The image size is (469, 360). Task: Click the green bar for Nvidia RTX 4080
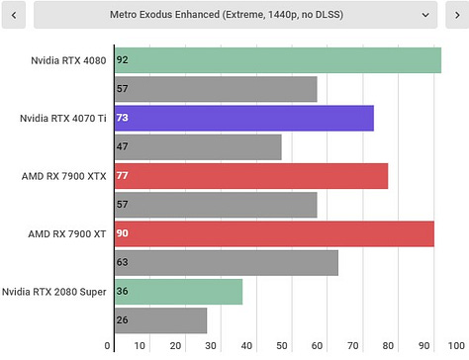[x=277, y=60]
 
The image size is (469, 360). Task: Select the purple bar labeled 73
[x=243, y=119]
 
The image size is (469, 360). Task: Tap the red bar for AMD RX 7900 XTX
[x=250, y=176]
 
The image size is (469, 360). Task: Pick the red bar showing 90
[x=274, y=234]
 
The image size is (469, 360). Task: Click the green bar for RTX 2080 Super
[x=178, y=292]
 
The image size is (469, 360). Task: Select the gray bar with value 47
[x=198, y=147]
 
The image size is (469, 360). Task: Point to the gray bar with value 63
[x=227, y=263]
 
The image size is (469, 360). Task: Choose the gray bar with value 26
[x=161, y=320]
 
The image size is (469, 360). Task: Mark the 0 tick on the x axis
[x=108, y=346]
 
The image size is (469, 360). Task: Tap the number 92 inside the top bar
[x=123, y=60]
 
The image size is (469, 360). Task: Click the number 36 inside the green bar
[x=123, y=292]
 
